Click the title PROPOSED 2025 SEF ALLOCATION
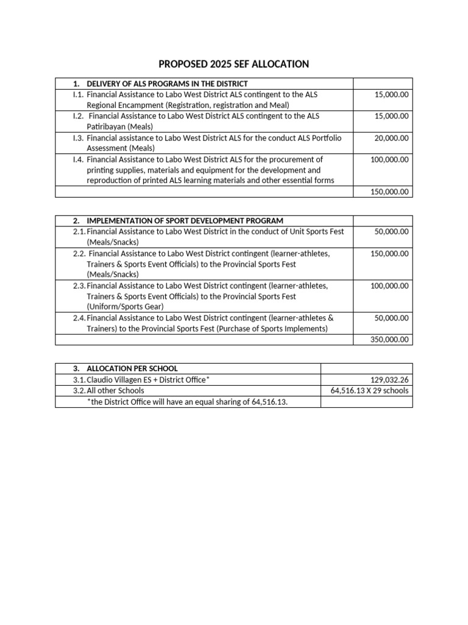point(233,64)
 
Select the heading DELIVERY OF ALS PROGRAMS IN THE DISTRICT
point(167,84)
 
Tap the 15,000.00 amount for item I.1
point(391,95)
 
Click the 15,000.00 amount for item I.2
point(391,116)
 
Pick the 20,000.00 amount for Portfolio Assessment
point(391,138)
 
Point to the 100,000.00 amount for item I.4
point(389,159)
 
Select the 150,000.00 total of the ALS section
point(389,192)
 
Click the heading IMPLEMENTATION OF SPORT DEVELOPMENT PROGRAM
point(185,220)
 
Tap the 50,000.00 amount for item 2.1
point(391,231)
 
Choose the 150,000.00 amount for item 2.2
point(389,253)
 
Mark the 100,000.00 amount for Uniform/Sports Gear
point(389,286)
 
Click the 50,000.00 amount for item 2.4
point(391,318)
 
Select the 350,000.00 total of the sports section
point(389,340)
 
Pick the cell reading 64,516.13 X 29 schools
point(369,391)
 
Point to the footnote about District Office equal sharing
point(187,402)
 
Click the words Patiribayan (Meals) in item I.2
point(119,126)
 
